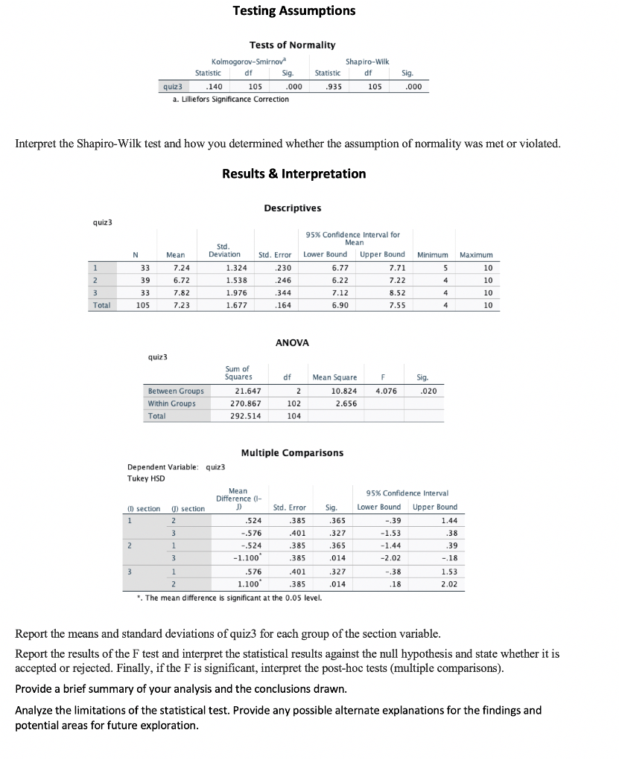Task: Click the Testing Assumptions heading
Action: point(293,10)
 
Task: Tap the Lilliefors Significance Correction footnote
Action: point(231,99)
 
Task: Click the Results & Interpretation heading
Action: point(293,173)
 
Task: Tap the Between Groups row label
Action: point(176,391)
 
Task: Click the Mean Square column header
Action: point(334,377)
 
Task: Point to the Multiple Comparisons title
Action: point(292,452)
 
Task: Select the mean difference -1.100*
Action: point(247,557)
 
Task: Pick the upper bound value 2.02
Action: point(448,585)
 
